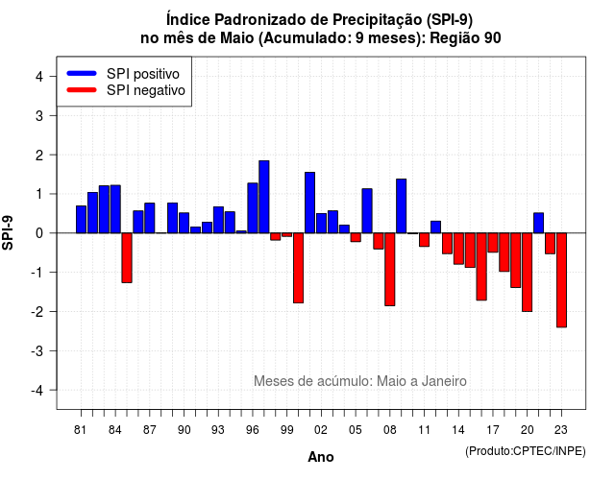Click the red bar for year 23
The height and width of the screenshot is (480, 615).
point(561,279)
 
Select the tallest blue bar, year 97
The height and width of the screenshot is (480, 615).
point(264,197)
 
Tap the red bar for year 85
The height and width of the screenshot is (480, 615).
point(127,257)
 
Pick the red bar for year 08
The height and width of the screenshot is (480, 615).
point(390,269)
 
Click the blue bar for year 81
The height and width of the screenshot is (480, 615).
point(81,219)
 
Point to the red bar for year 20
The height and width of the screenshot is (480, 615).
point(528,272)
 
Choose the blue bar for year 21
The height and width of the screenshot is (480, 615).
point(538,223)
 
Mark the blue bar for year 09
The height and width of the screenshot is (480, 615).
point(402,205)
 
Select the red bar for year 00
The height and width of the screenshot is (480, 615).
point(299,268)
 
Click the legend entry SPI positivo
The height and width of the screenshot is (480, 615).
point(143,74)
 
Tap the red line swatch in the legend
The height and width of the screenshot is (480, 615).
point(82,90)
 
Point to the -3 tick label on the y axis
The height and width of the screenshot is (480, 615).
point(37,351)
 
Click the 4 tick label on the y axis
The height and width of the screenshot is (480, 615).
point(39,77)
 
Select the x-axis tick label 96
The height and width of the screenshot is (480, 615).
point(253,430)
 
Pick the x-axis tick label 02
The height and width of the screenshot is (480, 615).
point(321,430)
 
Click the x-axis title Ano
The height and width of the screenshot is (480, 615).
point(321,457)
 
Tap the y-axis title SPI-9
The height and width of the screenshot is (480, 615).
point(8,232)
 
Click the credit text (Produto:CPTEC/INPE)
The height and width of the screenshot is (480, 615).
point(526,451)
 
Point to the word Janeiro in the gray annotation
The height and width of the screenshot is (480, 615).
point(444,381)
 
